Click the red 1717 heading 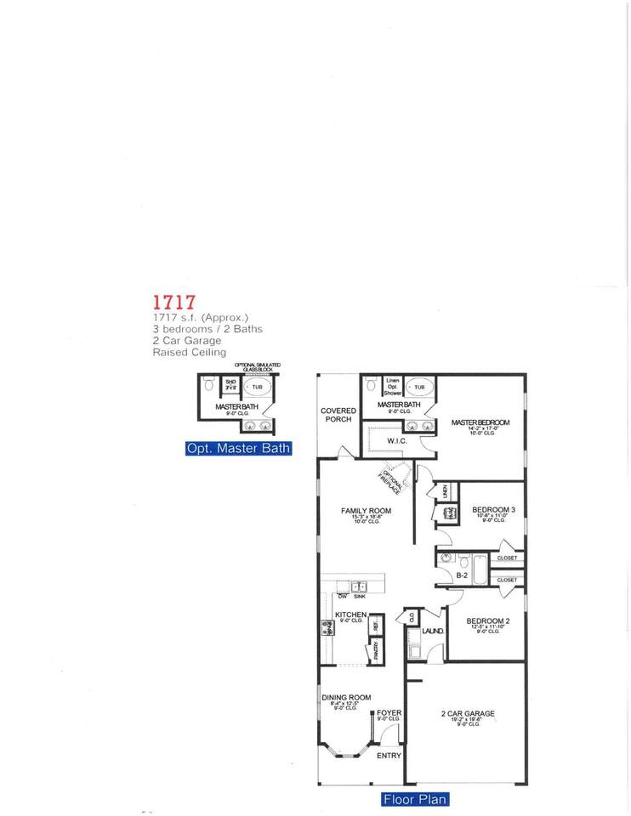(174, 303)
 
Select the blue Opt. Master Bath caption (238, 449)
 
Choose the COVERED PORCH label (338, 415)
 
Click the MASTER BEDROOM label (480, 422)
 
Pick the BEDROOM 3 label (494, 510)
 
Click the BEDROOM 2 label (488, 621)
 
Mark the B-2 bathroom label (463, 575)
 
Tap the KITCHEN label (350, 615)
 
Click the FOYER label (389, 712)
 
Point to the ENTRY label (389, 755)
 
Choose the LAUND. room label (433, 632)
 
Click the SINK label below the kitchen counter (360, 598)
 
